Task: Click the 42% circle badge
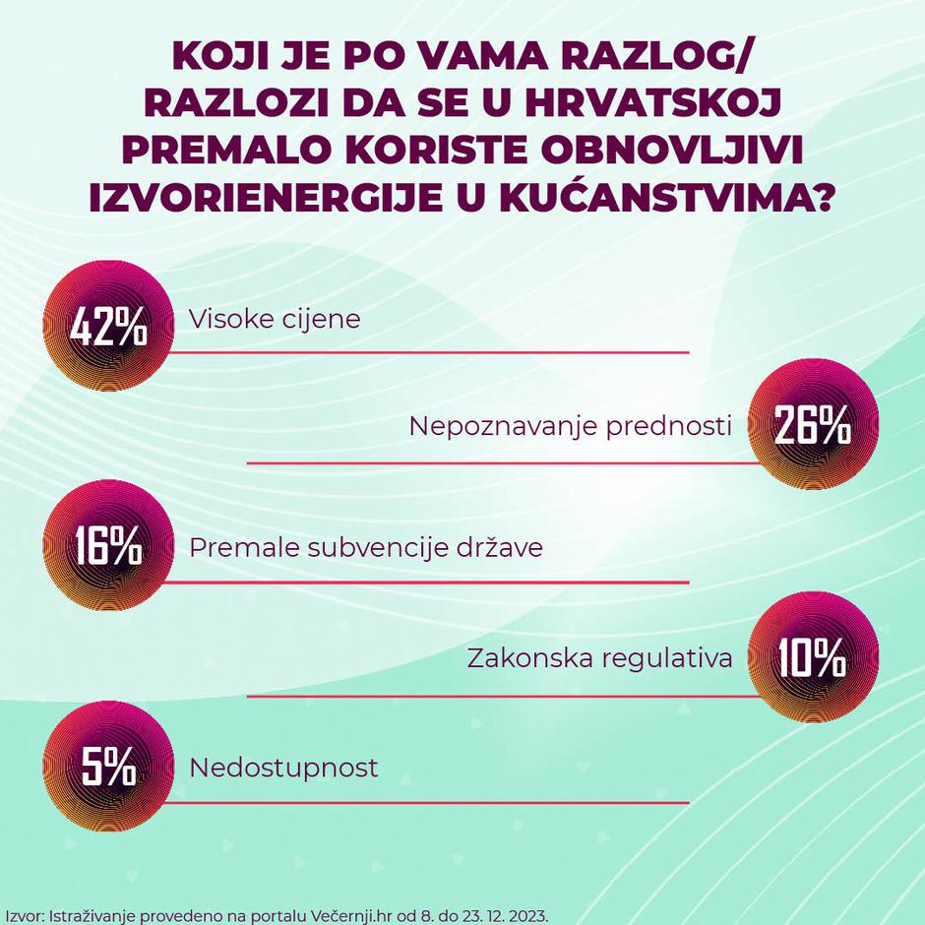pos(108,328)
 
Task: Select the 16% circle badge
pos(108,548)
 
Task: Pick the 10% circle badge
pos(813,656)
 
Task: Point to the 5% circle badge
pos(108,769)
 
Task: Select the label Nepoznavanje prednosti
pos(571,427)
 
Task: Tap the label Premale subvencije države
pos(365,547)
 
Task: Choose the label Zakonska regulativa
pos(599,657)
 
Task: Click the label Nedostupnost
pos(283,767)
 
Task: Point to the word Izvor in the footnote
pos(23,914)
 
